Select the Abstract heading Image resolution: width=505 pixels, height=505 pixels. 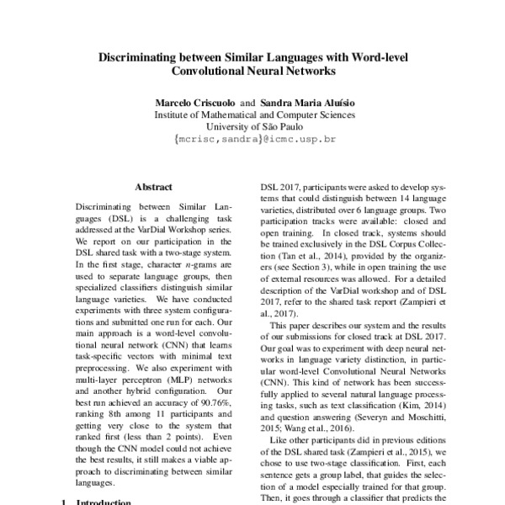[153, 186]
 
